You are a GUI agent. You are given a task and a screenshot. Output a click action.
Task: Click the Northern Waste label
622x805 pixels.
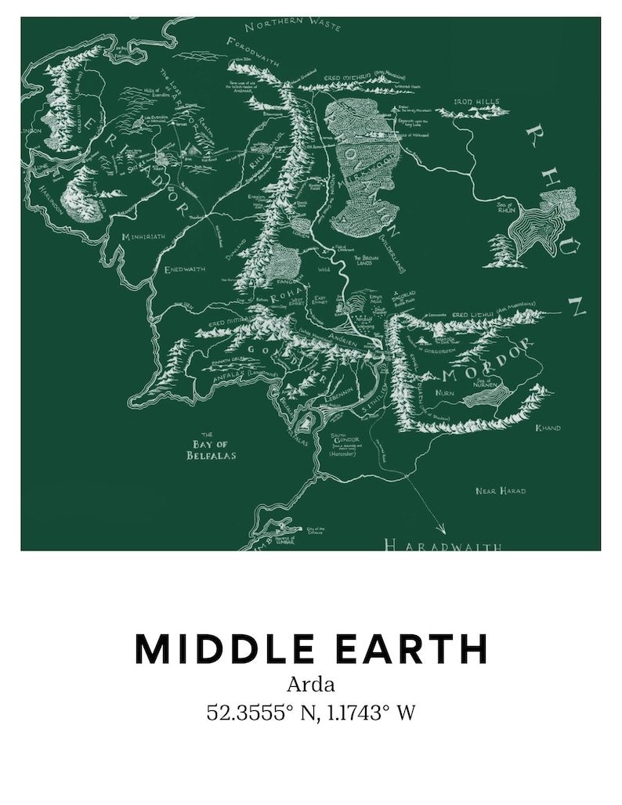coord(293,25)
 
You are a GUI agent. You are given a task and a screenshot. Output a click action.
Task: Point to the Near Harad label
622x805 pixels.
coord(501,491)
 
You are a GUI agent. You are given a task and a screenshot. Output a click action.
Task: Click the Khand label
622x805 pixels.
coord(548,428)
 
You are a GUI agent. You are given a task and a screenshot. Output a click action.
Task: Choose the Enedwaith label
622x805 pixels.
coord(185,269)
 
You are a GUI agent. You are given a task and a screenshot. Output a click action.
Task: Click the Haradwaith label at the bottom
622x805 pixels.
coord(443,545)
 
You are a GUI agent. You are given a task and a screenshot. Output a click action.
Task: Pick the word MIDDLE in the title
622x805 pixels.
coord(224,648)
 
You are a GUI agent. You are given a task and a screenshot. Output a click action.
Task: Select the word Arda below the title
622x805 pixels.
coord(310,684)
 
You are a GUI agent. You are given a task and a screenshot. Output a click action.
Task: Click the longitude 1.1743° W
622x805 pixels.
coord(367,713)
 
